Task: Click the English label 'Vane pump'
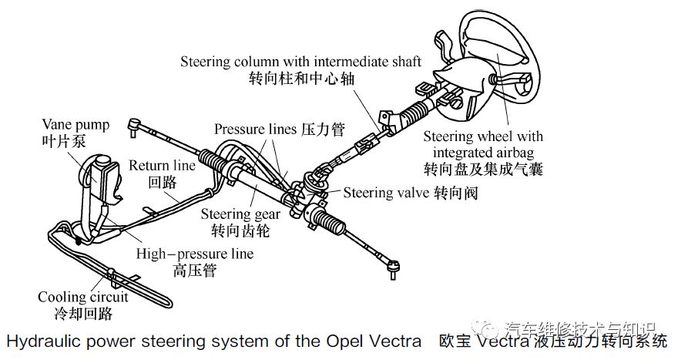coord(76,126)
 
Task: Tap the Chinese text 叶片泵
coord(64,141)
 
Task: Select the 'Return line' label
coord(162,165)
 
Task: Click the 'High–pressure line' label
coord(195,254)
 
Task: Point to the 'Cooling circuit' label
coord(83,297)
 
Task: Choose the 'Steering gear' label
coord(240,214)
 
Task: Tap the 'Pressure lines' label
coord(256,129)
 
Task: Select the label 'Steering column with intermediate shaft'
coord(300,62)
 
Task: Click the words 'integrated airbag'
coord(483,153)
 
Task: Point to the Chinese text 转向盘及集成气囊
coord(483,169)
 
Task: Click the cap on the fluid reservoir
coord(103,160)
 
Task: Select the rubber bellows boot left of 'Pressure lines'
coord(213,160)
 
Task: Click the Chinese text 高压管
coord(195,271)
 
